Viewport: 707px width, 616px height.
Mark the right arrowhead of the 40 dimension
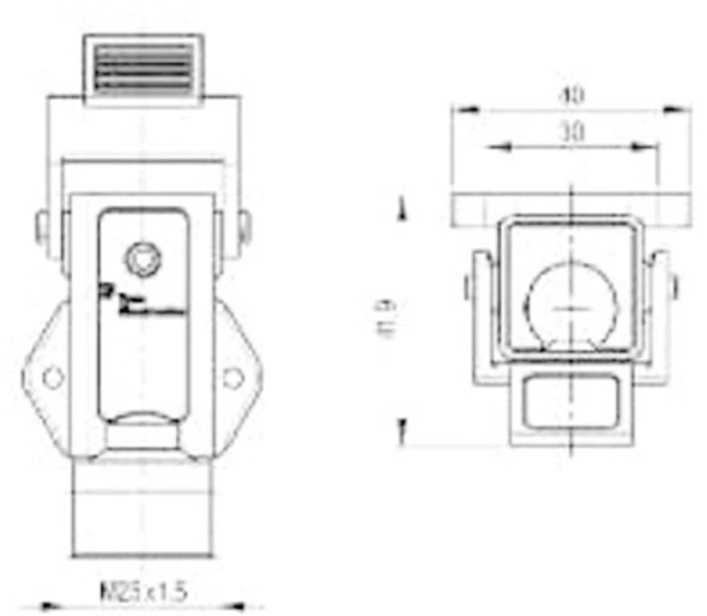coord(677,109)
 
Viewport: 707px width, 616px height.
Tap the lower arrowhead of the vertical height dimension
coord(402,427)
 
